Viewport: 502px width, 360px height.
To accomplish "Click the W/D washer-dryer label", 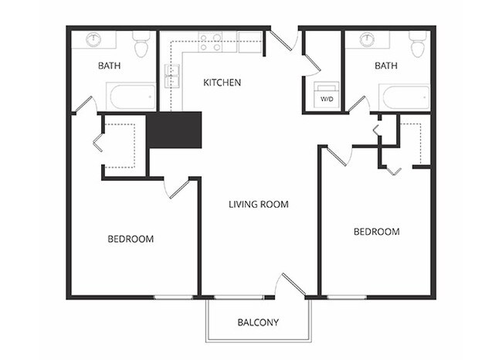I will click(x=327, y=100).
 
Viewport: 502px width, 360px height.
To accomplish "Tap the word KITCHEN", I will click(x=222, y=82).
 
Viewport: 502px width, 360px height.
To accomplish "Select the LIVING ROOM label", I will click(x=258, y=205).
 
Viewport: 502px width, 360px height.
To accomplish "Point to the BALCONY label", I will click(x=259, y=322).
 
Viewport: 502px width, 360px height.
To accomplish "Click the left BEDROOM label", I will click(x=130, y=239).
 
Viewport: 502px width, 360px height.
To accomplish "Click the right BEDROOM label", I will click(x=376, y=232).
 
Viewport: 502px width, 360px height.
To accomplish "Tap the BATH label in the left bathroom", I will click(x=109, y=66).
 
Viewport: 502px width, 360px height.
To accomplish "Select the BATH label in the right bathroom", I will click(x=385, y=66).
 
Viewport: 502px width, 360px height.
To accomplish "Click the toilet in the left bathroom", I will click(x=141, y=46).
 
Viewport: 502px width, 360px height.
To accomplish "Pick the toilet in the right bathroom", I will click(x=418, y=46).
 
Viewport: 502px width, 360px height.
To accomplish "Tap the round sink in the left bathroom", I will click(x=94, y=39).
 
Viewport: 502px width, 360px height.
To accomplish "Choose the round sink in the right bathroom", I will click(x=368, y=39).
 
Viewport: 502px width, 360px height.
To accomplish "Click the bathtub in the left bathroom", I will click(x=131, y=97).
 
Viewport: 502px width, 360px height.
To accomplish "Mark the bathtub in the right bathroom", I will click(x=405, y=97).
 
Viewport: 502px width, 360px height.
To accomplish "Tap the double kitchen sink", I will click(x=171, y=74).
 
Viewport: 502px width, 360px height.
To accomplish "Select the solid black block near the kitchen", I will click(x=174, y=129).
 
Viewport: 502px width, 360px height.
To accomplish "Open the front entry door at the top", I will click(x=282, y=39).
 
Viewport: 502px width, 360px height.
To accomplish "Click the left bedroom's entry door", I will click(x=175, y=188).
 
